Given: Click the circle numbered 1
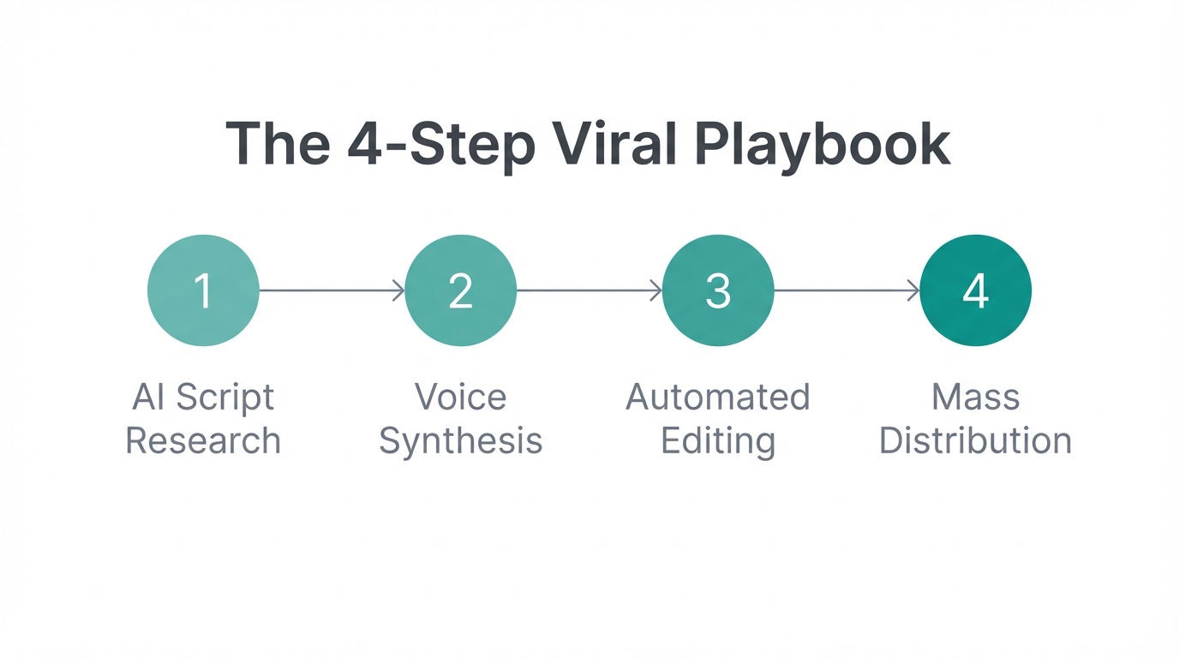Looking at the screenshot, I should point(203,290).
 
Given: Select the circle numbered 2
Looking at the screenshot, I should point(460,290).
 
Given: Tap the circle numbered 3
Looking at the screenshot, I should point(718,290).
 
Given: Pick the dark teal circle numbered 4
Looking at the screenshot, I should point(975,290).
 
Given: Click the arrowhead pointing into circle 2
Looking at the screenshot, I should point(398,290).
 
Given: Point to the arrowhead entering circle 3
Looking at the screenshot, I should point(656,290).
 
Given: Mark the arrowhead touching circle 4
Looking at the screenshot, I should point(913,290).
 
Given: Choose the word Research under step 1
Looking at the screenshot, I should point(203,441).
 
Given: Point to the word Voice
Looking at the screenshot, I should point(460,398).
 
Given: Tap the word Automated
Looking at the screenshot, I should point(718,398).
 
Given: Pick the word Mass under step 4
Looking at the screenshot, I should point(975,398).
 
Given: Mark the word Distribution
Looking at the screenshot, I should point(975,441).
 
